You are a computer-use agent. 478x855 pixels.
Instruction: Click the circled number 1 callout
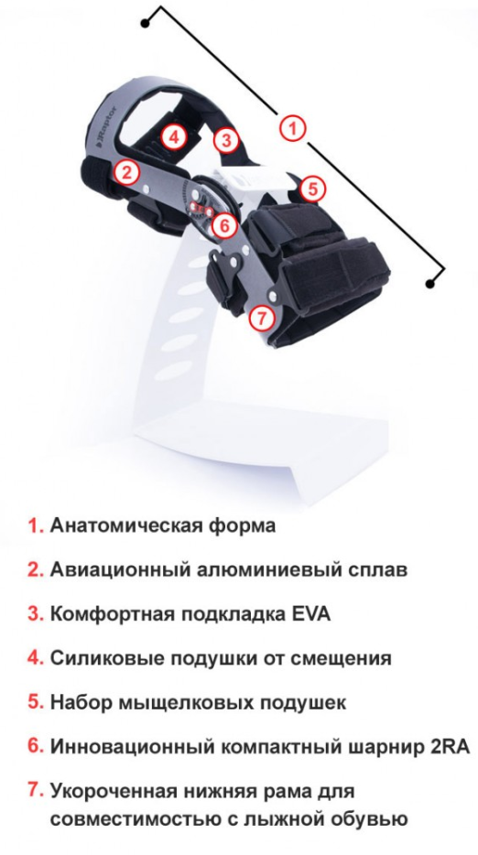(x=293, y=129)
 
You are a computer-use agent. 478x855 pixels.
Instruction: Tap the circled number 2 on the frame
(x=126, y=173)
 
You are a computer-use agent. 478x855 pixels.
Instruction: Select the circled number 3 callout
(x=225, y=139)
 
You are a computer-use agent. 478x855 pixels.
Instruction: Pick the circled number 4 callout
(x=173, y=137)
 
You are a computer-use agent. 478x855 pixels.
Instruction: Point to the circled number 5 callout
(x=312, y=189)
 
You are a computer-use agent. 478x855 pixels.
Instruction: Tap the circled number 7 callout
(x=263, y=319)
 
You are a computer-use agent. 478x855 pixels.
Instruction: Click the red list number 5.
(x=36, y=702)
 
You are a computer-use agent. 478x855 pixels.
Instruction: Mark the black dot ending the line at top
(x=145, y=24)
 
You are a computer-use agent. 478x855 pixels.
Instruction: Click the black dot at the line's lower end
(x=430, y=284)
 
